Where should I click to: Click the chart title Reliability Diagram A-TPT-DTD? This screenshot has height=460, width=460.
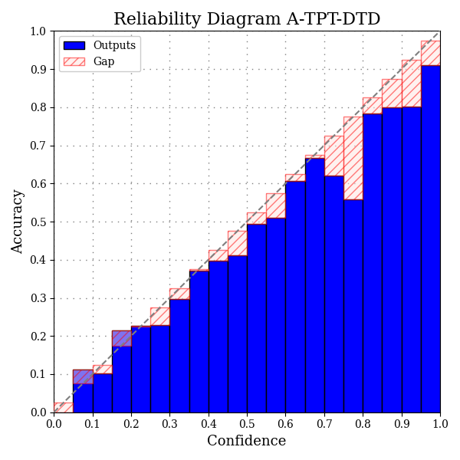[x=247, y=19]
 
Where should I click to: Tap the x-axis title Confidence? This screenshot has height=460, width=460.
[x=247, y=442]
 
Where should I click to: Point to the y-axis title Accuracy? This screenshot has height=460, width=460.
[x=18, y=222]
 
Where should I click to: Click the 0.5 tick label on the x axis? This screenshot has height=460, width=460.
[x=247, y=423]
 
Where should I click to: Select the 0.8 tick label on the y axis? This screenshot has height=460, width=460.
[x=38, y=107]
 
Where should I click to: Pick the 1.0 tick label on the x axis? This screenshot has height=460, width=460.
[x=439, y=423]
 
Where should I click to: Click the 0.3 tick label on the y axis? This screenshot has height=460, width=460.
[x=38, y=298]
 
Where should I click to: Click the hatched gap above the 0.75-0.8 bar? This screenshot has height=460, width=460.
[x=353, y=158]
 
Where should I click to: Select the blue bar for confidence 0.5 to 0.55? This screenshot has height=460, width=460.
[x=257, y=318]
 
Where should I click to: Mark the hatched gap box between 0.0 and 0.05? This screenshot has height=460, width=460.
[x=64, y=408]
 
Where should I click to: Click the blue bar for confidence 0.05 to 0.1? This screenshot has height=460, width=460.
[x=83, y=391]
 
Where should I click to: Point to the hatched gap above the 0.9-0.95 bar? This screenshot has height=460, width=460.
[x=411, y=84]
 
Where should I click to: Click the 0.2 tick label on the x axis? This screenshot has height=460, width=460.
[x=131, y=423]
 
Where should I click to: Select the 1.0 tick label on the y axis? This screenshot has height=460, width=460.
[x=38, y=31]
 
